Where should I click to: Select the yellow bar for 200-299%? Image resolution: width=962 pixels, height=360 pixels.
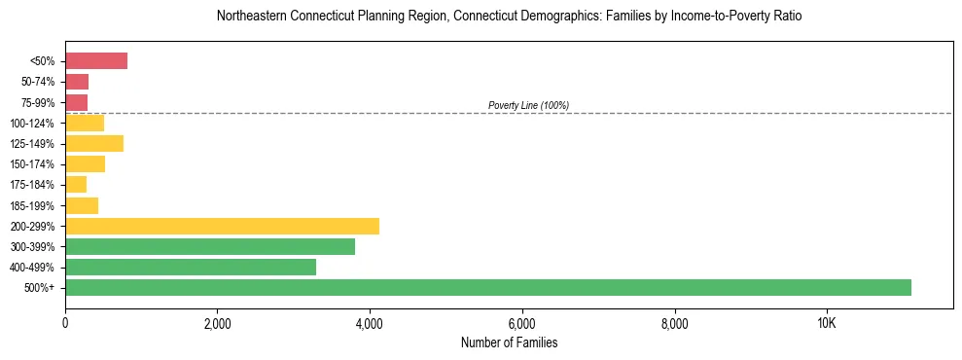[222, 226]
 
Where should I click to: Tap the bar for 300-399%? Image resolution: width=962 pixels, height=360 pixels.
[210, 246]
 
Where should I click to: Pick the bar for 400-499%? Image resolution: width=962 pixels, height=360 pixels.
[191, 267]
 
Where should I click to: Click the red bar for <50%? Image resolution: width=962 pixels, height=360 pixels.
[96, 61]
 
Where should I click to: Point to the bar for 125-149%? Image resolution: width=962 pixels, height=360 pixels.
[94, 144]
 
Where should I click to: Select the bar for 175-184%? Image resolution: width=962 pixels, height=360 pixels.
[76, 185]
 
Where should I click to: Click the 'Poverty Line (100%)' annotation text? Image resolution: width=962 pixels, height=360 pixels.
[528, 105]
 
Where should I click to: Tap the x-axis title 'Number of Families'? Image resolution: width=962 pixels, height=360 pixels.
[509, 342]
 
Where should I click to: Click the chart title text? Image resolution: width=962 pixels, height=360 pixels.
[509, 17]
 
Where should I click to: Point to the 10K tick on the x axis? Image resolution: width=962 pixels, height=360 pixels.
[827, 323]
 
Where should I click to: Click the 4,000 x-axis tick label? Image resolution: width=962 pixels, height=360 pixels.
[370, 323]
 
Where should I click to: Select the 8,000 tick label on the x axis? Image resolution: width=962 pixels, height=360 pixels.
[674, 323]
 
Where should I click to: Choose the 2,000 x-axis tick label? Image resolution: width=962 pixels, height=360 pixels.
[217, 323]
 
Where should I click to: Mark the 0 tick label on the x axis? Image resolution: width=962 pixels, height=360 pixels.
[65, 323]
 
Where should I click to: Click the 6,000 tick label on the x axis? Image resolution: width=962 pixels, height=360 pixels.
[522, 323]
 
